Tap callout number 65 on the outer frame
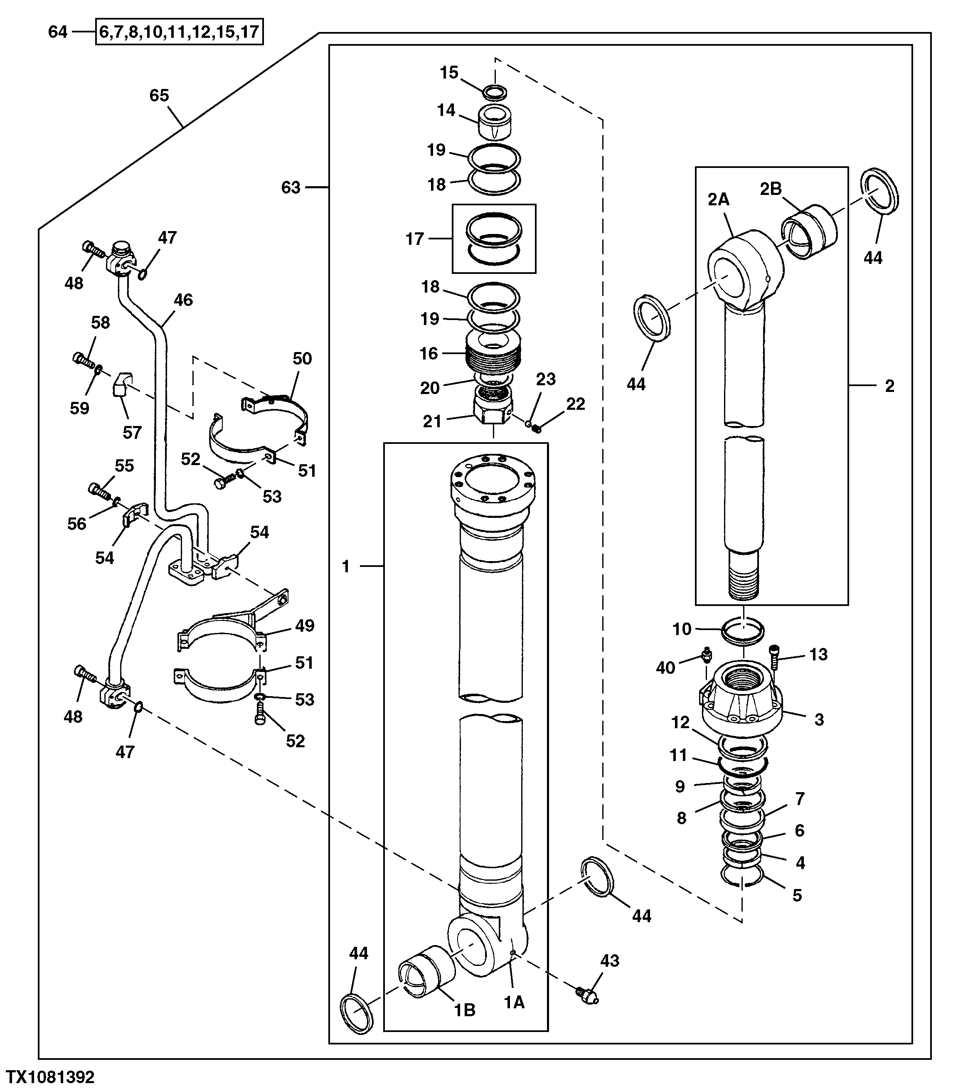pyautogui.click(x=159, y=96)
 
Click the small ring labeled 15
pyautogui.click(x=495, y=92)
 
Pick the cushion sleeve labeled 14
pyautogui.click(x=495, y=122)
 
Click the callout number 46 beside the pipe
pyautogui.click(x=183, y=300)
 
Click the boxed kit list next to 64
pyautogui.click(x=179, y=32)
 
